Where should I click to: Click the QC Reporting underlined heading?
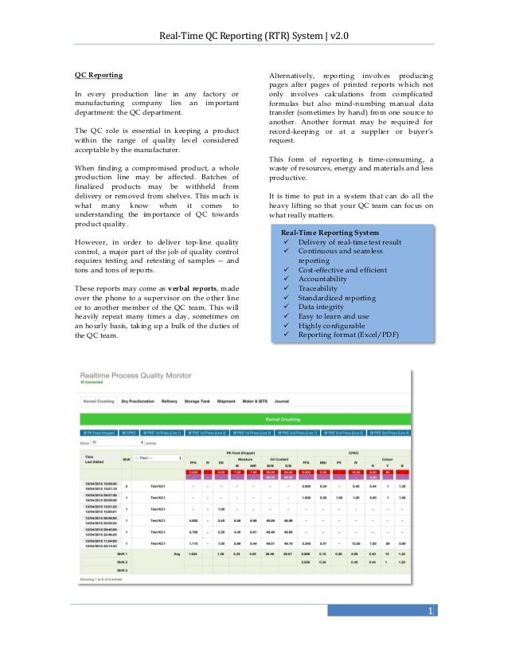(100, 75)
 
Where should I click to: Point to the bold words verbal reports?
(190, 288)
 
